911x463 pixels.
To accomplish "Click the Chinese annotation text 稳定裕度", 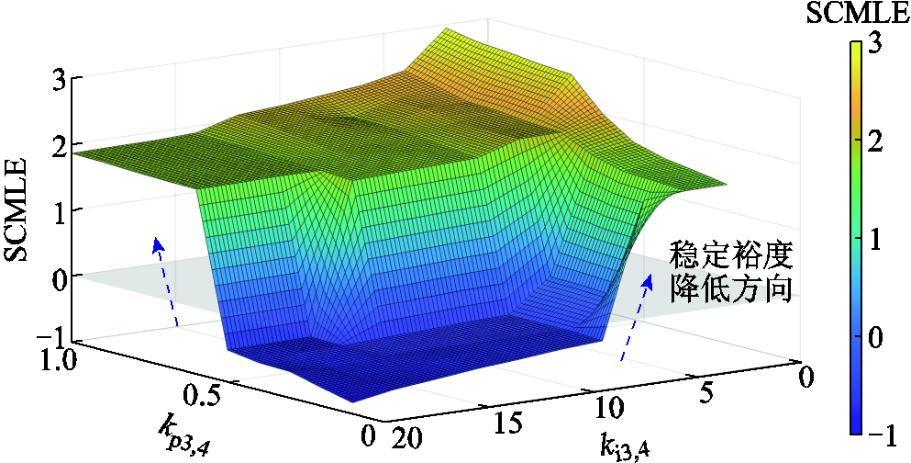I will [x=730, y=254].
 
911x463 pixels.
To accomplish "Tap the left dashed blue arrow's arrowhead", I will [x=157, y=243].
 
